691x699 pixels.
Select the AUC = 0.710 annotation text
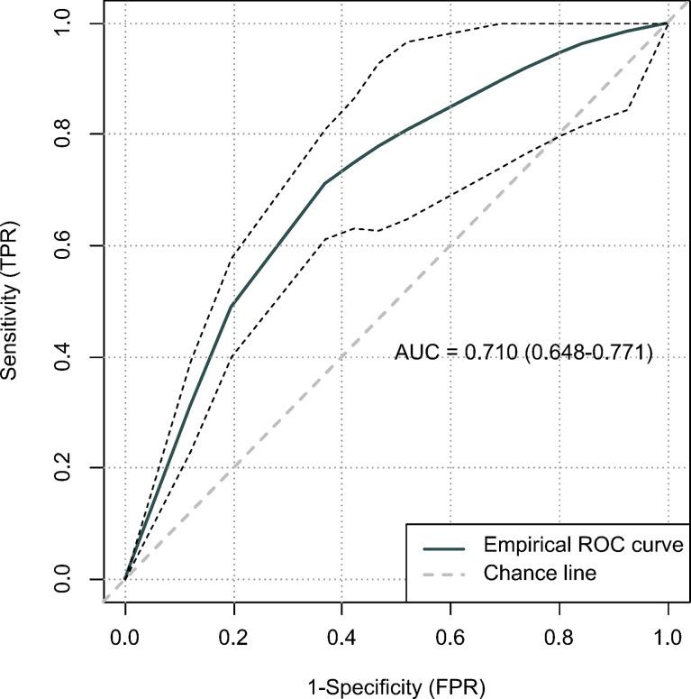coord(523,354)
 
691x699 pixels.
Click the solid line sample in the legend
coord(443,547)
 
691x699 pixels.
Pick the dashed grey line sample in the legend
coord(443,573)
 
